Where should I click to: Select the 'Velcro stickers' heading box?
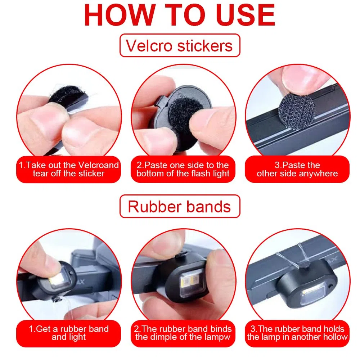180,45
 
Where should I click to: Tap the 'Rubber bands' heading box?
180,206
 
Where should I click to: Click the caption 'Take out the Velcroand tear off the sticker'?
68,169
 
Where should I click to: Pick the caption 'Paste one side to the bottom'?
183,169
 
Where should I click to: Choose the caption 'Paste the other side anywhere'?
297,169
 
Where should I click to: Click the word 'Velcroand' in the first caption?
99,165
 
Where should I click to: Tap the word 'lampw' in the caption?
219,337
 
